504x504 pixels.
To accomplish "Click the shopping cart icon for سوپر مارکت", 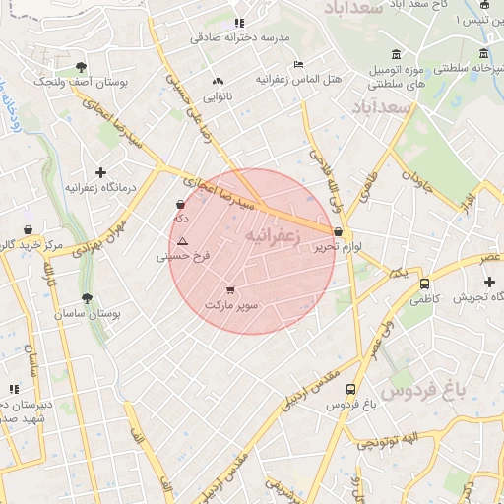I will [230, 290].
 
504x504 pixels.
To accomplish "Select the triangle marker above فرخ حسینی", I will [182, 241].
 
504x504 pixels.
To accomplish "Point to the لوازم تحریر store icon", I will [339, 233].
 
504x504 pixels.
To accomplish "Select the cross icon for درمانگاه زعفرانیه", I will [99, 172].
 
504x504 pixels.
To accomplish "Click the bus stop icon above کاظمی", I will [424, 283].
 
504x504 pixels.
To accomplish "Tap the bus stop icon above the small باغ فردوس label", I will [338, 389].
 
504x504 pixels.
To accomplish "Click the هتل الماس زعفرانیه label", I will [297, 78].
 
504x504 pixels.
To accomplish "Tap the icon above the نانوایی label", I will [218, 82].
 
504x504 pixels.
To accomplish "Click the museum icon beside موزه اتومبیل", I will [396, 53].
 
